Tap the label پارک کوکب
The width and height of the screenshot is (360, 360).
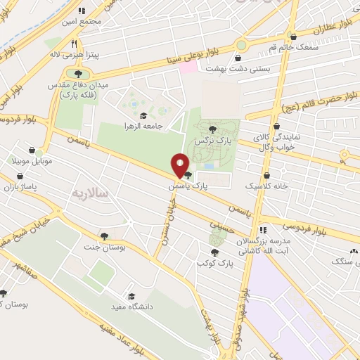coord(214,262)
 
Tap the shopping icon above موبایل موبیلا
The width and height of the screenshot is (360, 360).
coord(32,150)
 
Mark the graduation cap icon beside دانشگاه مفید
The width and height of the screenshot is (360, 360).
coord(131,295)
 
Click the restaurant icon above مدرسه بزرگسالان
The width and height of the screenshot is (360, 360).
coord(262,229)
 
